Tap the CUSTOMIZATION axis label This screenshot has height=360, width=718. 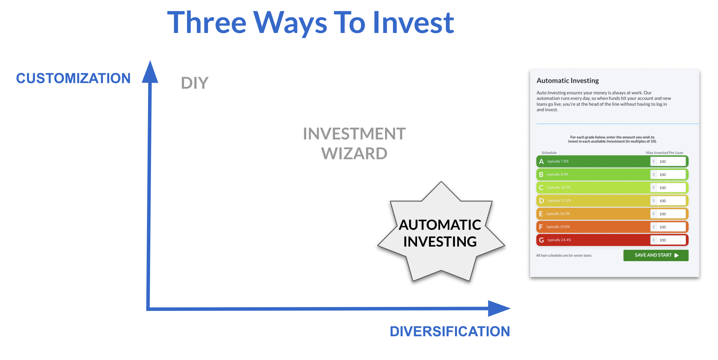coord(74,78)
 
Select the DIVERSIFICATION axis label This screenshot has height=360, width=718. coord(450,331)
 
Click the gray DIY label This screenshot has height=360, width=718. coord(195,83)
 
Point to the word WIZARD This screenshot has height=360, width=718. coord(354,154)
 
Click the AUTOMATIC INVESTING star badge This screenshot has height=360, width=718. coord(441,233)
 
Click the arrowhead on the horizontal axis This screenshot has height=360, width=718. coord(499,309)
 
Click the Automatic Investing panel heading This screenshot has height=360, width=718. coord(568,81)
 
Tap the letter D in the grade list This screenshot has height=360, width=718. coord(541,201)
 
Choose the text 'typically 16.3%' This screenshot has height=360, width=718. coord(558,214)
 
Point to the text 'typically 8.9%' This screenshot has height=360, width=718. coord(557,174)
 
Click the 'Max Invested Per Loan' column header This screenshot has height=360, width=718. coord(664,153)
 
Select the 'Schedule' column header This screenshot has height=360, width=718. coord(549,153)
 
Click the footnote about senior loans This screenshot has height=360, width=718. coord(564,255)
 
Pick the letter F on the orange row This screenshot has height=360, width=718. coord(541,227)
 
